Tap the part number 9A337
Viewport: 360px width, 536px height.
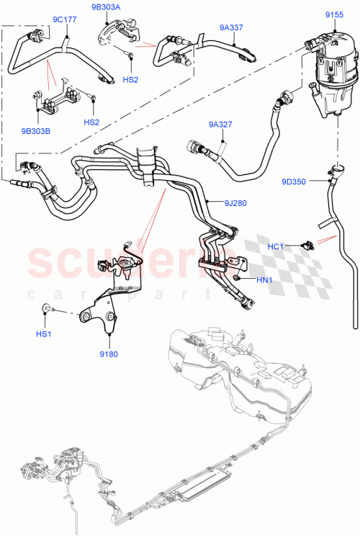231,28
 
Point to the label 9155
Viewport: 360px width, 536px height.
333,14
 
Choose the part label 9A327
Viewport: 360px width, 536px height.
220,124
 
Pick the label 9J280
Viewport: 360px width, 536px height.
235,202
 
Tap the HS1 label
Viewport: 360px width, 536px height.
44,334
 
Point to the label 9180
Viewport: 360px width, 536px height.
109,354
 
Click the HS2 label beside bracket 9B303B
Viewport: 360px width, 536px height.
91,122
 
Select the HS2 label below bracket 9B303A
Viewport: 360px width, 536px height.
130,80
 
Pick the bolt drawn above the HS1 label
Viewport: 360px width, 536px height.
48,309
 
